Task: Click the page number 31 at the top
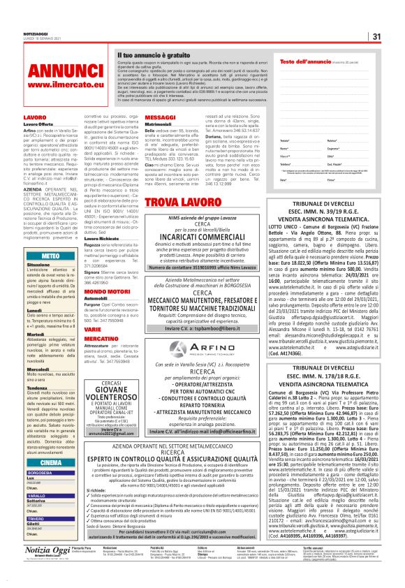[376, 37]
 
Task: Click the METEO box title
[50, 257]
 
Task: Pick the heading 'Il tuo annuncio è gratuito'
[153, 54]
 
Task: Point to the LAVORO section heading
[34, 117]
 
